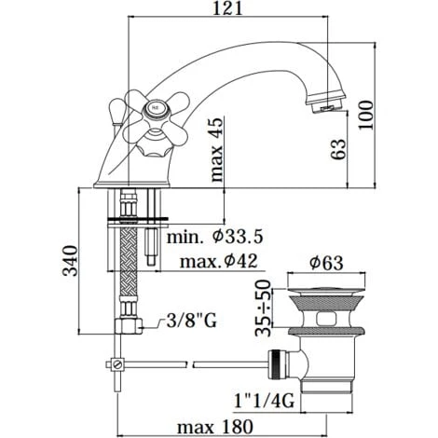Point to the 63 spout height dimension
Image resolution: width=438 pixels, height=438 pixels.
pyautogui.click(x=341, y=147)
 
